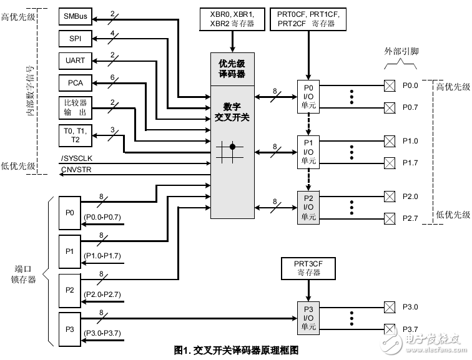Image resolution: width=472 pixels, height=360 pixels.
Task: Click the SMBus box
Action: tap(75, 16)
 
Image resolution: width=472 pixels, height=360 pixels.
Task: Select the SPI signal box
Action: tap(75, 38)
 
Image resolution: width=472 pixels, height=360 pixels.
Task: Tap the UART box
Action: tap(75, 61)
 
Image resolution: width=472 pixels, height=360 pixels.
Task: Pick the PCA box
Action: tap(75, 83)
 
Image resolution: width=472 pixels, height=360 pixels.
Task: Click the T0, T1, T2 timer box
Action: tap(75, 135)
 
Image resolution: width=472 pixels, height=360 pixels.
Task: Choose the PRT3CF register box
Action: tap(308, 268)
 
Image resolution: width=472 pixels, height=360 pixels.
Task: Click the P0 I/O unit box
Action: tap(308, 95)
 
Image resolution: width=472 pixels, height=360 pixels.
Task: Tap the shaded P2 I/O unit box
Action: tap(308, 207)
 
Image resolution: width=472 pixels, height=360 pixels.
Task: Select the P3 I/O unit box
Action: tap(308, 319)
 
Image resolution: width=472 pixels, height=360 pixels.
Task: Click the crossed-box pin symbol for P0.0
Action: tap(389, 84)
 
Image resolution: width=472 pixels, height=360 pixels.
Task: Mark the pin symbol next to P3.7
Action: tap(389, 329)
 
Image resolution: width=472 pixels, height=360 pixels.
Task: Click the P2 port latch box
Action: tap(70, 290)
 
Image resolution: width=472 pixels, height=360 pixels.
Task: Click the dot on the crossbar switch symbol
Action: tap(232, 147)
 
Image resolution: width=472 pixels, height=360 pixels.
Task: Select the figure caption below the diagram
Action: tap(236, 351)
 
